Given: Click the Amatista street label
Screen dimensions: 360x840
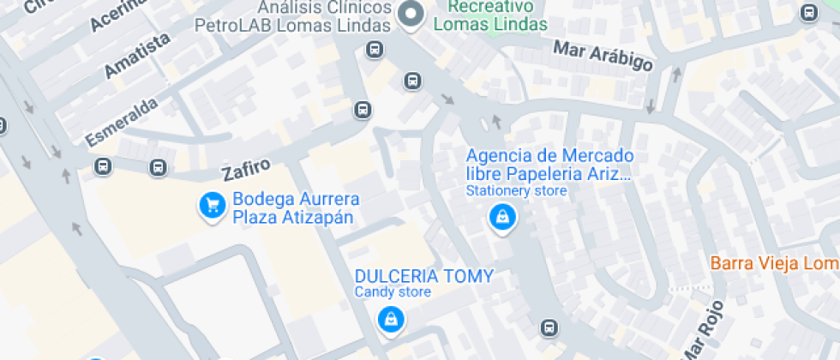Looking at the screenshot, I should pyautogui.click(x=137, y=57).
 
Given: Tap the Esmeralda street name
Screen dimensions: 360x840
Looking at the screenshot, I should pyautogui.click(x=122, y=122).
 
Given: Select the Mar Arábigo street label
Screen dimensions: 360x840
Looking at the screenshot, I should pyautogui.click(x=603, y=56).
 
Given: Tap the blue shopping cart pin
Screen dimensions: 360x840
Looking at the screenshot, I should pyautogui.click(x=212, y=206).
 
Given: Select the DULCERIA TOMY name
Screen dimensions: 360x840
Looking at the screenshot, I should pyautogui.click(x=424, y=276).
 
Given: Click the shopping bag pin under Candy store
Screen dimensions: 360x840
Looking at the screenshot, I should pyautogui.click(x=391, y=320).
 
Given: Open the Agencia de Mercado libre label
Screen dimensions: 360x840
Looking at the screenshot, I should pyautogui.click(x=549, y=165).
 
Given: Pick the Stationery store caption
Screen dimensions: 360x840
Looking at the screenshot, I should pyautogui.click(x=516, y=190).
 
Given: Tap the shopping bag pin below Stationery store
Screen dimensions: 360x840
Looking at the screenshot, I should pyautogui.click(x=502, y=218).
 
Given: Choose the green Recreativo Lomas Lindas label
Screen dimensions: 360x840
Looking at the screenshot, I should pyautogui.click(x=490, y=16).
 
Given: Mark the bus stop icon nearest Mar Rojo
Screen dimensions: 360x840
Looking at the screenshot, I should pyautogui.click(x=549, y=327).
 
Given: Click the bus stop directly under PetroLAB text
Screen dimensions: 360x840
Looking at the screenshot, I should pyautogui.click(x=374, y=50).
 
